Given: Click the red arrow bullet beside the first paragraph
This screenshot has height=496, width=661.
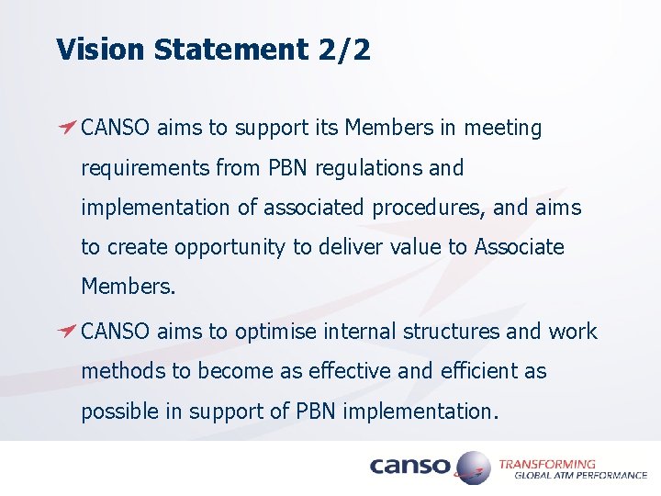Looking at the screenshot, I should pyautogui.click(x=67, y=127).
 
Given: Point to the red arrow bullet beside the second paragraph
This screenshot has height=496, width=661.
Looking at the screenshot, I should pyautogui.click(x=67, y=331).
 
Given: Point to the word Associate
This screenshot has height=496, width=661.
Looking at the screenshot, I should pyautogui.click(x=519, y=247).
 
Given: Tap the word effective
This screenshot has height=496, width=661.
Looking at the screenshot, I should pyautogui.click(x=341, y=371).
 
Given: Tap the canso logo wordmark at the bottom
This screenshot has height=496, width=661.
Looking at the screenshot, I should pyautogui.click(x=409, y=467).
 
